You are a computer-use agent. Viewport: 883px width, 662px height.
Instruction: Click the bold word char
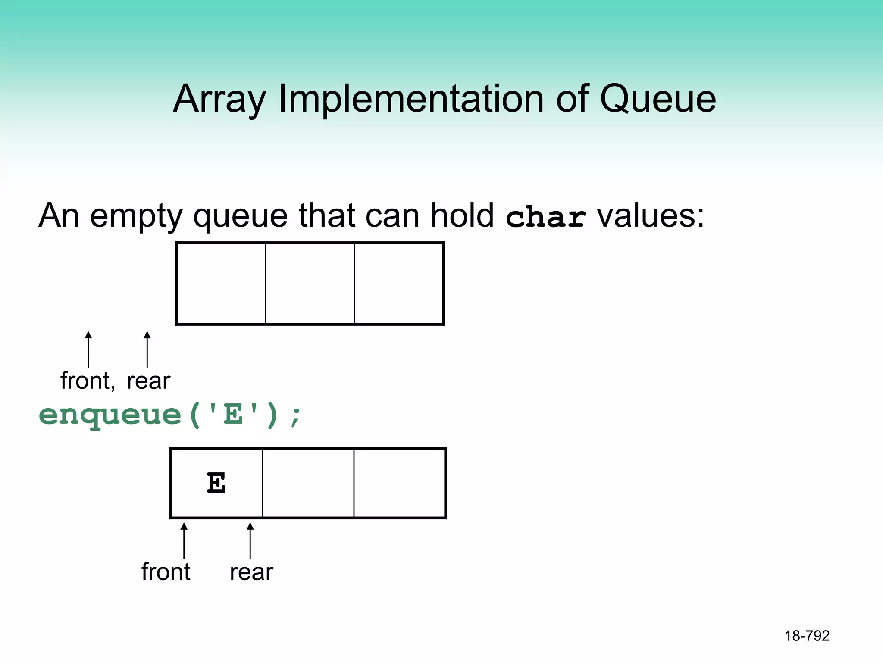coord(545,217)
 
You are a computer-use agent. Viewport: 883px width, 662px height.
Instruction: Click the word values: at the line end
coord(650,215)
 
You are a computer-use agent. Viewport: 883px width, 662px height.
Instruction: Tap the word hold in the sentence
coord(462,215)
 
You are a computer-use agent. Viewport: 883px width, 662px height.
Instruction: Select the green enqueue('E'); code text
coord(170,415)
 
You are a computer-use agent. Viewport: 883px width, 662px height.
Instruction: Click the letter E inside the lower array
coord(216,483)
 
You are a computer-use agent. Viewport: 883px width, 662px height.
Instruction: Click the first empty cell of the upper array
coord(221,283)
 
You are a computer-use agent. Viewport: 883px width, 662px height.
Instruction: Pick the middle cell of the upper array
coord(310,283)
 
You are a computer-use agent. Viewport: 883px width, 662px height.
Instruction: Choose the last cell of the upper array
coord(399,283)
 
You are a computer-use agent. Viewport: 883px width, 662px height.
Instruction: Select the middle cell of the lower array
coord(308,483)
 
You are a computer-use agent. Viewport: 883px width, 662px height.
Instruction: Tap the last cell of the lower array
coord(399,483)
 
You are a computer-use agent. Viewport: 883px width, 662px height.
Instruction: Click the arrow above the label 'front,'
coord(88,349)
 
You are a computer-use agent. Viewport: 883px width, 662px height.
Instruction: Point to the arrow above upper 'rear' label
coord(147,349)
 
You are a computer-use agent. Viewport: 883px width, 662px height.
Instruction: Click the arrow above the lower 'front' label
coord(184,540)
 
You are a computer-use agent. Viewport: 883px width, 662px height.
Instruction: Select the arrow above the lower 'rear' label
coord(250,540)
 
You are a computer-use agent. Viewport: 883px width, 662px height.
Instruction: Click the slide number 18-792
coord(807,636)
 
